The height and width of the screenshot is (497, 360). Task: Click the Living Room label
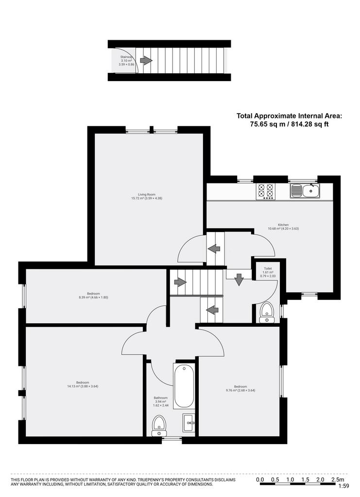point(147,196)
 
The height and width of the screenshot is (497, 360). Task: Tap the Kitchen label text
point(283,227)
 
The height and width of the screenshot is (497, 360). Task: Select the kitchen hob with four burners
point(266,191)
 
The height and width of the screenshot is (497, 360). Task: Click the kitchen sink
point(305,191)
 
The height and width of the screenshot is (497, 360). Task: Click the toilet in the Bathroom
point(158,426)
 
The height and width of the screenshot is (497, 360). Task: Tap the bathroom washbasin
point(189,423)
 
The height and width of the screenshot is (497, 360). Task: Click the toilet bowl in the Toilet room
point(266,313)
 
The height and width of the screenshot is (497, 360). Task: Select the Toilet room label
point(268,272)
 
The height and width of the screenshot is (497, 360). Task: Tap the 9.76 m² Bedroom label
point(240,388)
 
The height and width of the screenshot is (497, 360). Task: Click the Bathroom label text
point(160,401)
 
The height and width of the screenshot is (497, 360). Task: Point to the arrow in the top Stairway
point(146,60)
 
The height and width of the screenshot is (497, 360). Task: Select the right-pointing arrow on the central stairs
point(180,282)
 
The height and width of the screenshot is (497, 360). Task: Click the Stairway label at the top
point(126,61)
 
